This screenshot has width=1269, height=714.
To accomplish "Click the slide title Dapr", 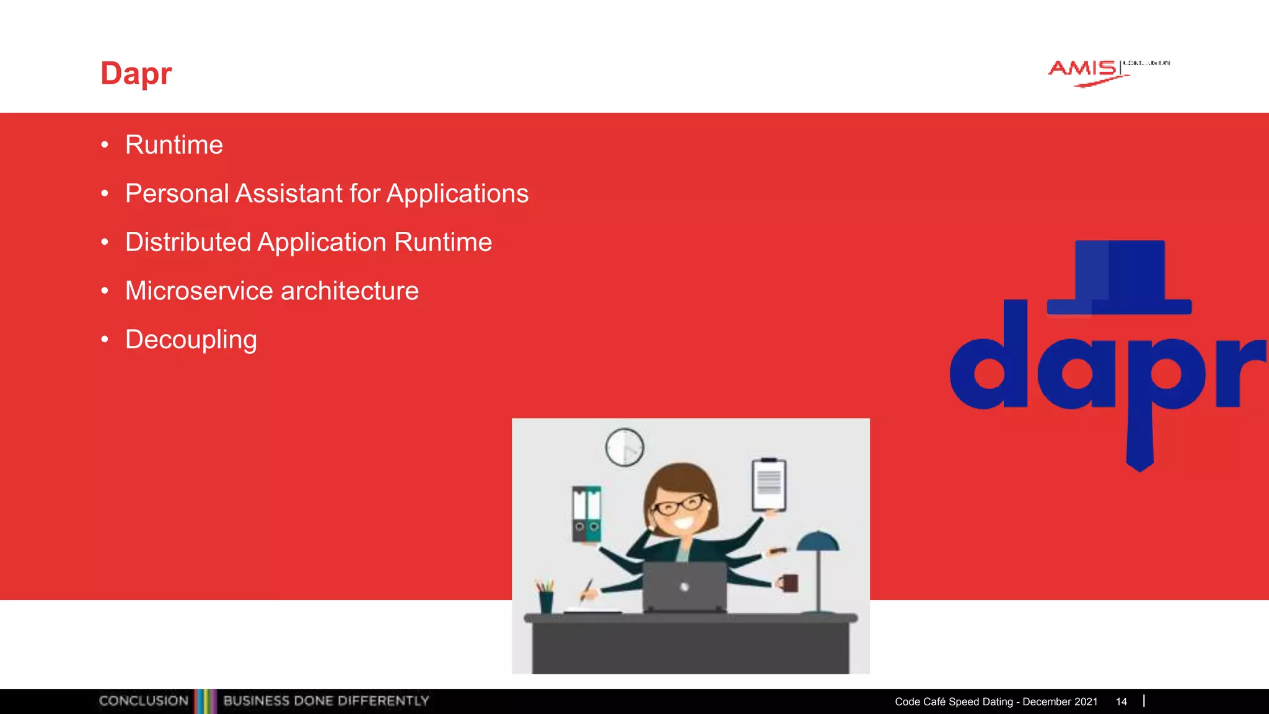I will (x=136, y=74).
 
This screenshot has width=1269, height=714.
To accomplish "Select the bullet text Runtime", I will (x=173, y=145).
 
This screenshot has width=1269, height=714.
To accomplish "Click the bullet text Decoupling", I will (x=191, y=340).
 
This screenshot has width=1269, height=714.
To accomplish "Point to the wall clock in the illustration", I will (x=625, y=447).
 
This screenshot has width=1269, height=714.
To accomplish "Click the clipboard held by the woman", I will (x=769, y=485).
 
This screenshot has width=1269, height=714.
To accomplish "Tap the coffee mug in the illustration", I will (x=789, y=583).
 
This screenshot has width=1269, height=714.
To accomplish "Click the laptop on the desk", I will (x=684, y=586).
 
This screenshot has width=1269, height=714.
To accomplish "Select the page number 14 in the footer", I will (x=1121, y=702).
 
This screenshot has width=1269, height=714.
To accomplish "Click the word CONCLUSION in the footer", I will (x=144, y=701).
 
